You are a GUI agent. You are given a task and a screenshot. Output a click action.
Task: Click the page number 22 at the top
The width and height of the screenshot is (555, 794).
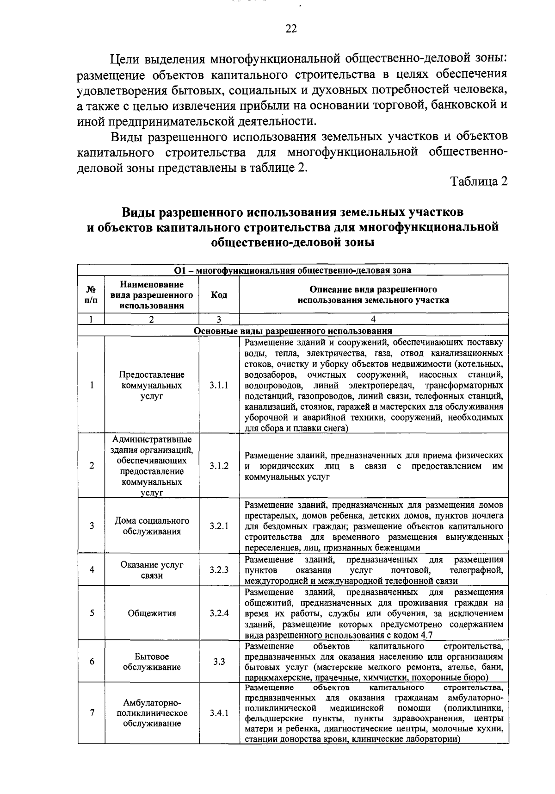[x=290, y=29]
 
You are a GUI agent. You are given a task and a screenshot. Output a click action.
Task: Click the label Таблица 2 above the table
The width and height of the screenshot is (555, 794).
[x=479, y=181]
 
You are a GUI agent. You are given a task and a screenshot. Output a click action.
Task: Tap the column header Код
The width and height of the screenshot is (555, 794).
[x=218, y=295]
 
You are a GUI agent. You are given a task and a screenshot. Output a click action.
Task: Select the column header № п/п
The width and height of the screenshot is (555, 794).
[x=92, y=295]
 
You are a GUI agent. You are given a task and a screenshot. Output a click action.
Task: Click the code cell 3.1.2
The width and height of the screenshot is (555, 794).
[x=218, y=466]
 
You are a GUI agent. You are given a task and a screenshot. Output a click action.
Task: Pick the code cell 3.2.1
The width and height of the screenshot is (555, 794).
[x=218, y=526]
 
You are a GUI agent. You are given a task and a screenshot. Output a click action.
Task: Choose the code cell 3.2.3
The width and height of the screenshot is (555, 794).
[x=218, y=570]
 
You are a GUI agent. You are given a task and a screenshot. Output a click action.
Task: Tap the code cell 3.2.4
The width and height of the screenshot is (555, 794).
[x=218, y=613]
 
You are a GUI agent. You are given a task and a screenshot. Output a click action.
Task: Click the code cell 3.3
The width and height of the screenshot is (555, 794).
[x=218, y=662]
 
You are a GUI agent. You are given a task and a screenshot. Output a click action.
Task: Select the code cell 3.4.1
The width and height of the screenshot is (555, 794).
[x=218, y=713]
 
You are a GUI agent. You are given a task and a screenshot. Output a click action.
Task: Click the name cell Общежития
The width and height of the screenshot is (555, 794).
[x=152, y=613]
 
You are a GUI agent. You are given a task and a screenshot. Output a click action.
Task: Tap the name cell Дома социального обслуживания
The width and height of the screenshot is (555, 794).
[x=152, y=526]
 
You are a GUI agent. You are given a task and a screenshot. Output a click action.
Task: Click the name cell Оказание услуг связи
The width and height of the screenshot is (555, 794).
[x=152, y=570]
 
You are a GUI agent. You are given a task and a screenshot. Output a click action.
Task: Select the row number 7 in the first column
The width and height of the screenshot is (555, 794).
[x=92, y=713]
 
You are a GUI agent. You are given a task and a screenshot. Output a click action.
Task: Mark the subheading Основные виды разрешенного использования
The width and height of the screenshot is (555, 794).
[x=293, y=331]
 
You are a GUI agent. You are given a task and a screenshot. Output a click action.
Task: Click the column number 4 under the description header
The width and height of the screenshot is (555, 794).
[x=373, y=319]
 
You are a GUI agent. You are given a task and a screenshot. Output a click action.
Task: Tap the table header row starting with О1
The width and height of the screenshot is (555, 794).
[x=293, y=270]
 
